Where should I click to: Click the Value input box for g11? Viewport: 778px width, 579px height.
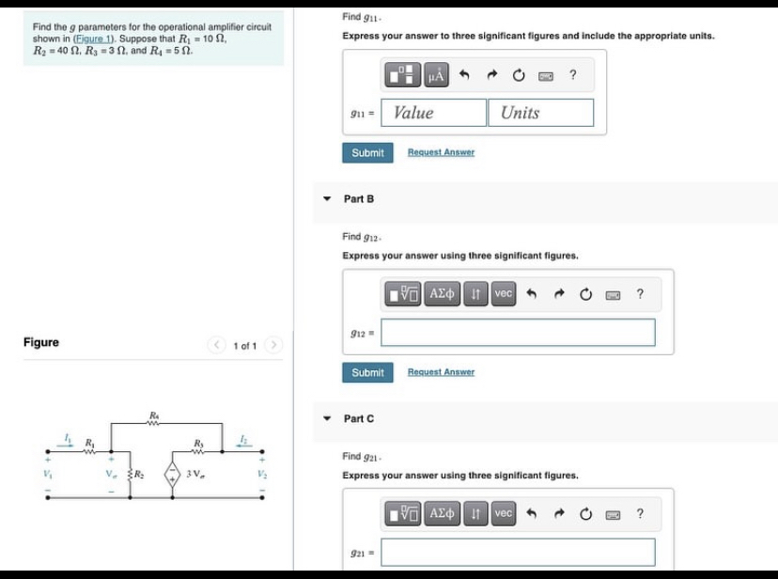432,113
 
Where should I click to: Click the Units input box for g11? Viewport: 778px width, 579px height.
540,113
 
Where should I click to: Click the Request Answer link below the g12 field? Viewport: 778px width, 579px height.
441,372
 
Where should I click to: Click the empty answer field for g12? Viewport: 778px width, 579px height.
518,333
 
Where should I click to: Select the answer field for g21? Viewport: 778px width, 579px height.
518,552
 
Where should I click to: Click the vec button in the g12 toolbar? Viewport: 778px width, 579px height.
504,294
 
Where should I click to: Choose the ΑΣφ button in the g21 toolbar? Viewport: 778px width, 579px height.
444,513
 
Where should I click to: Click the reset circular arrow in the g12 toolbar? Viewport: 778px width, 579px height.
586,294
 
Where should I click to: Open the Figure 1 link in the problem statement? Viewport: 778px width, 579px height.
100,39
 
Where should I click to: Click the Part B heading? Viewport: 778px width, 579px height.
359,199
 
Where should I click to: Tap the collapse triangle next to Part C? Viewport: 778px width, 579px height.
327,418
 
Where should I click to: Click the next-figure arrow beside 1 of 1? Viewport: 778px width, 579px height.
274,346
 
